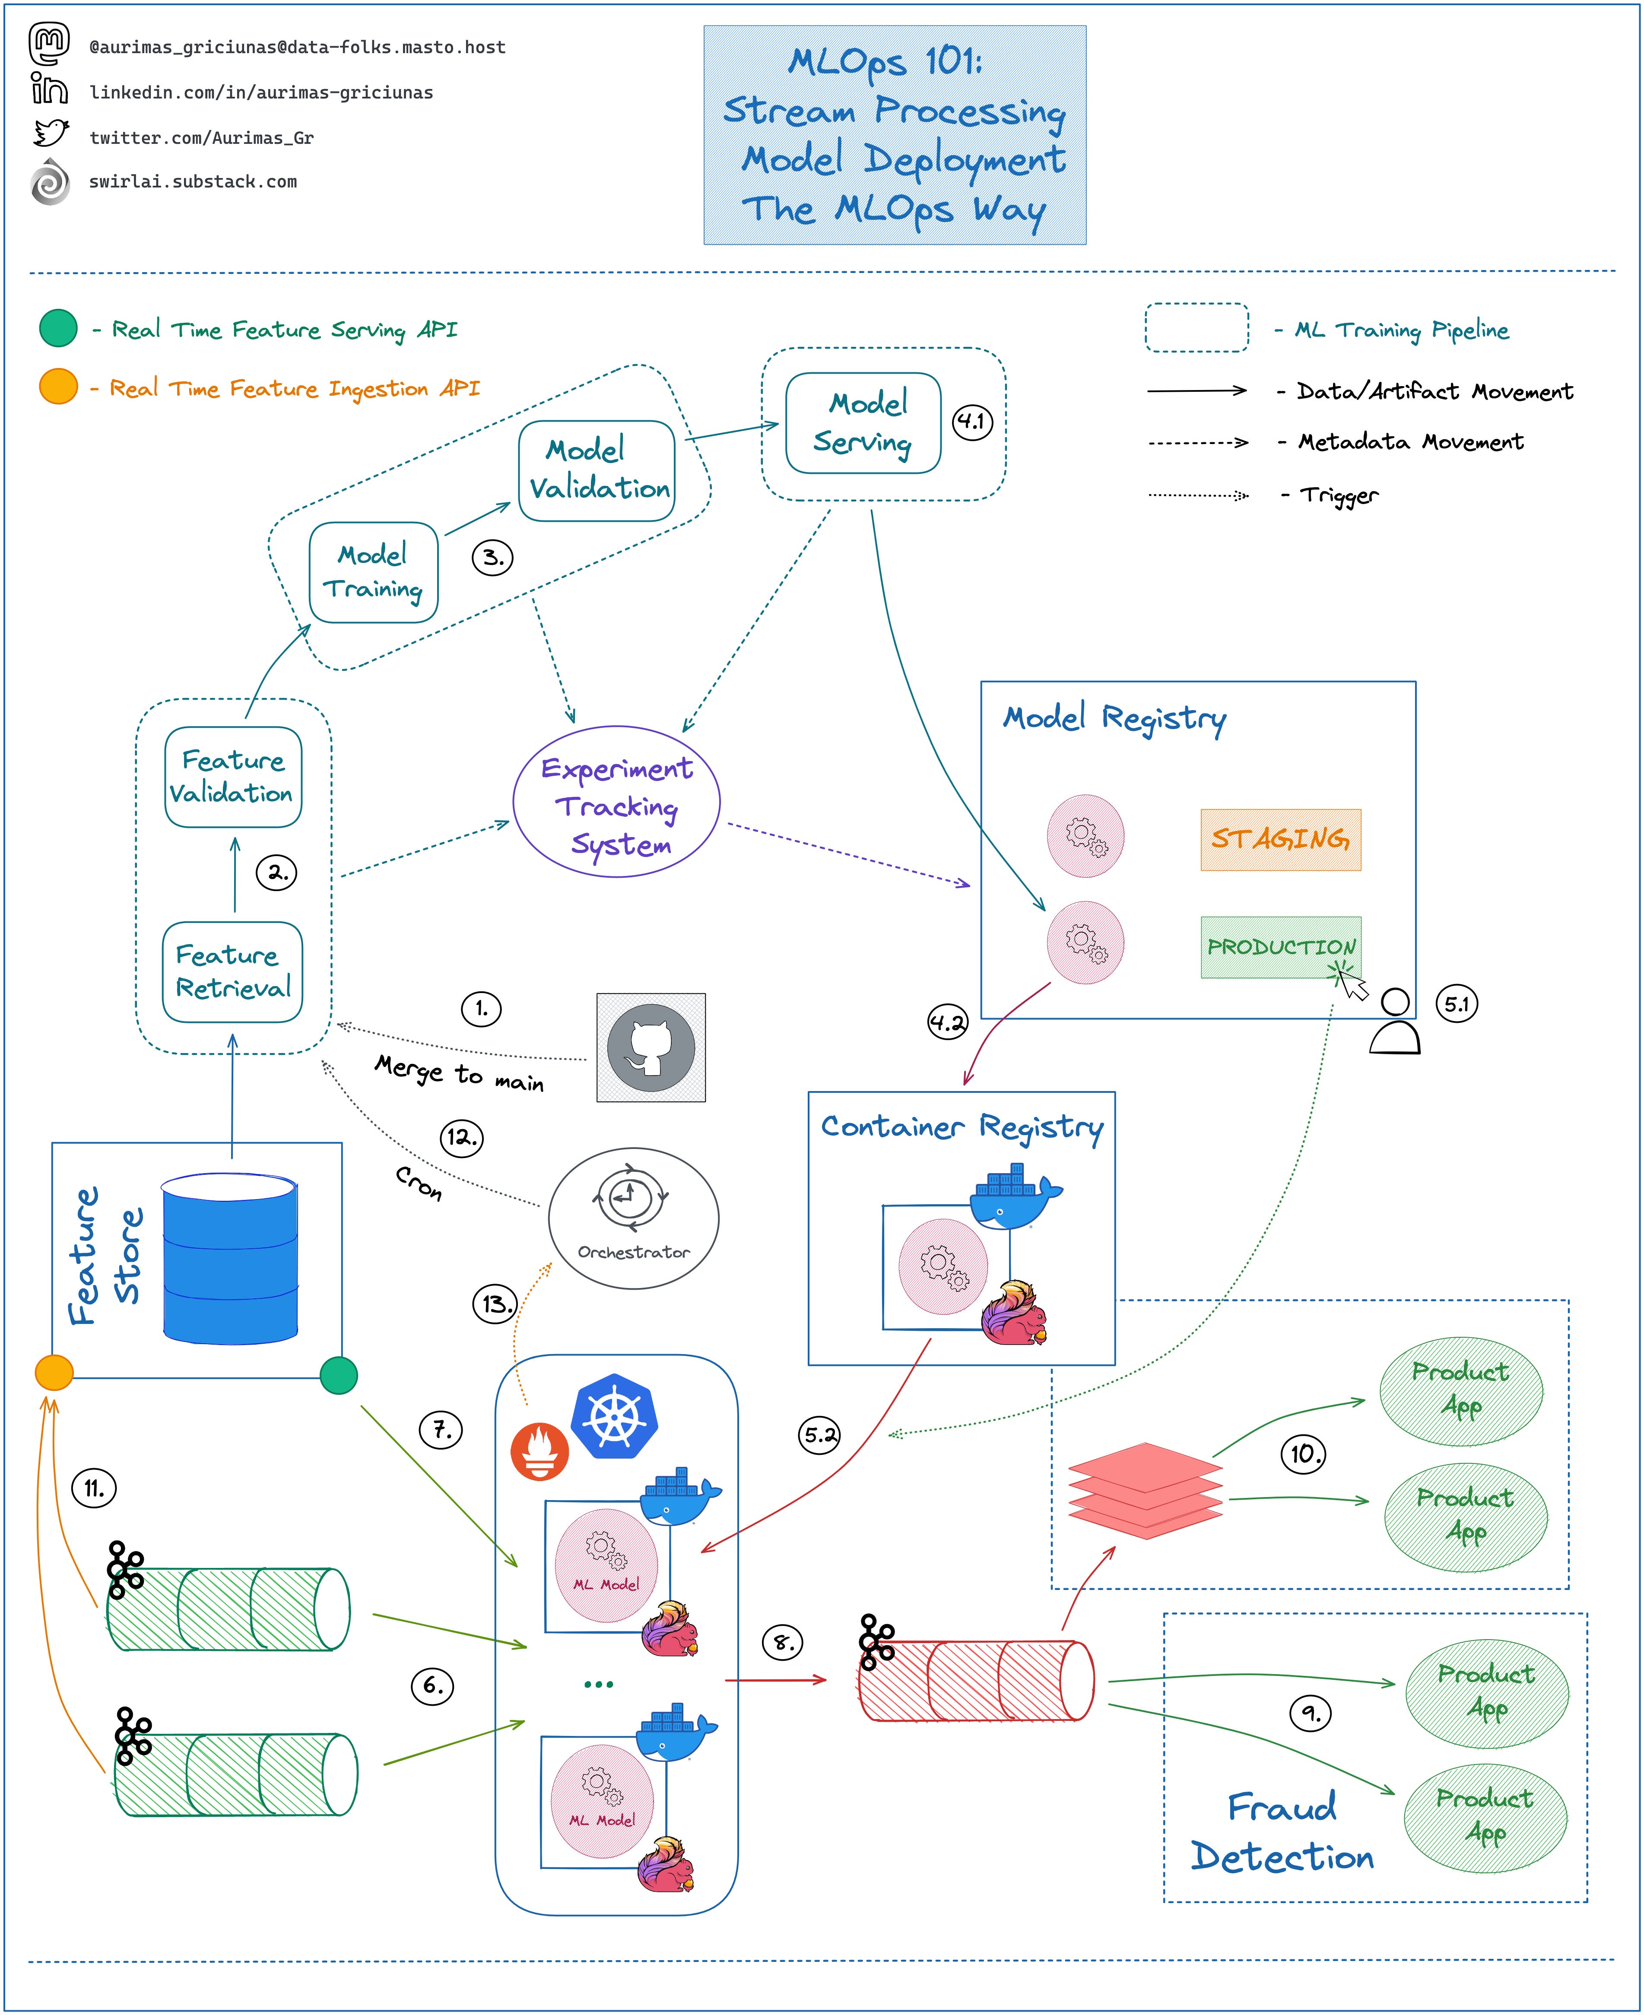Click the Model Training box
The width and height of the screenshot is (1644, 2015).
(x=373, y=572)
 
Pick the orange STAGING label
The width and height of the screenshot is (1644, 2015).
(x=1280, y=839)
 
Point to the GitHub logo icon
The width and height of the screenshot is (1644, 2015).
(x=651, y=1047)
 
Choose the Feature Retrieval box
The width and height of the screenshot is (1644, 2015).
(x=233, y=971)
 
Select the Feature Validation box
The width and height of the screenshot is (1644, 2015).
(x=233, y=777)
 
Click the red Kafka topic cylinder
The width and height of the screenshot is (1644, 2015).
(x=975, y=1681)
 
